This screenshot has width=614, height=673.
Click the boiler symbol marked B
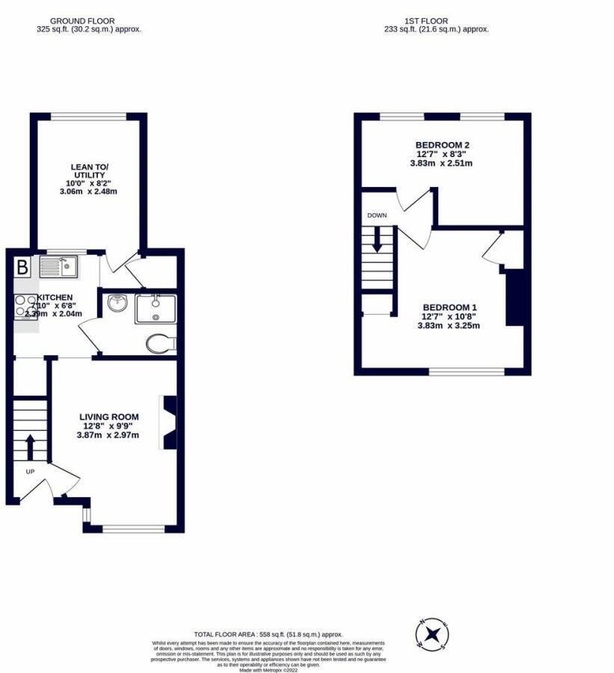point(22,267)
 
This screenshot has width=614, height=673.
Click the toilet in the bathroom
point(159,343)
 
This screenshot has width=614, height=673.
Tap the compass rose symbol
point(432,634)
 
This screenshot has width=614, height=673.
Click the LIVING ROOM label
point(110,417)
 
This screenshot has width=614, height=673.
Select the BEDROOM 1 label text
point(449,307)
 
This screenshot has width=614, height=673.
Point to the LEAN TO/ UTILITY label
point(88,170)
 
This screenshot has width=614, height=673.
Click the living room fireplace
point(168,422)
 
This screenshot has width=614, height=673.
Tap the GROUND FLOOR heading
point(88,21)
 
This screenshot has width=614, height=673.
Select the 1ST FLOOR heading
point(436,21)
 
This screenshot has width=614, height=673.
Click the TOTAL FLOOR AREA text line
point(268,634)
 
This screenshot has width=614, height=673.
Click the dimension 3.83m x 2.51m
point(441,163)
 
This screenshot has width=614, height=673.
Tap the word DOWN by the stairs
point(377,215)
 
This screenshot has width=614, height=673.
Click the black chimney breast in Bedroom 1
point(514,298)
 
